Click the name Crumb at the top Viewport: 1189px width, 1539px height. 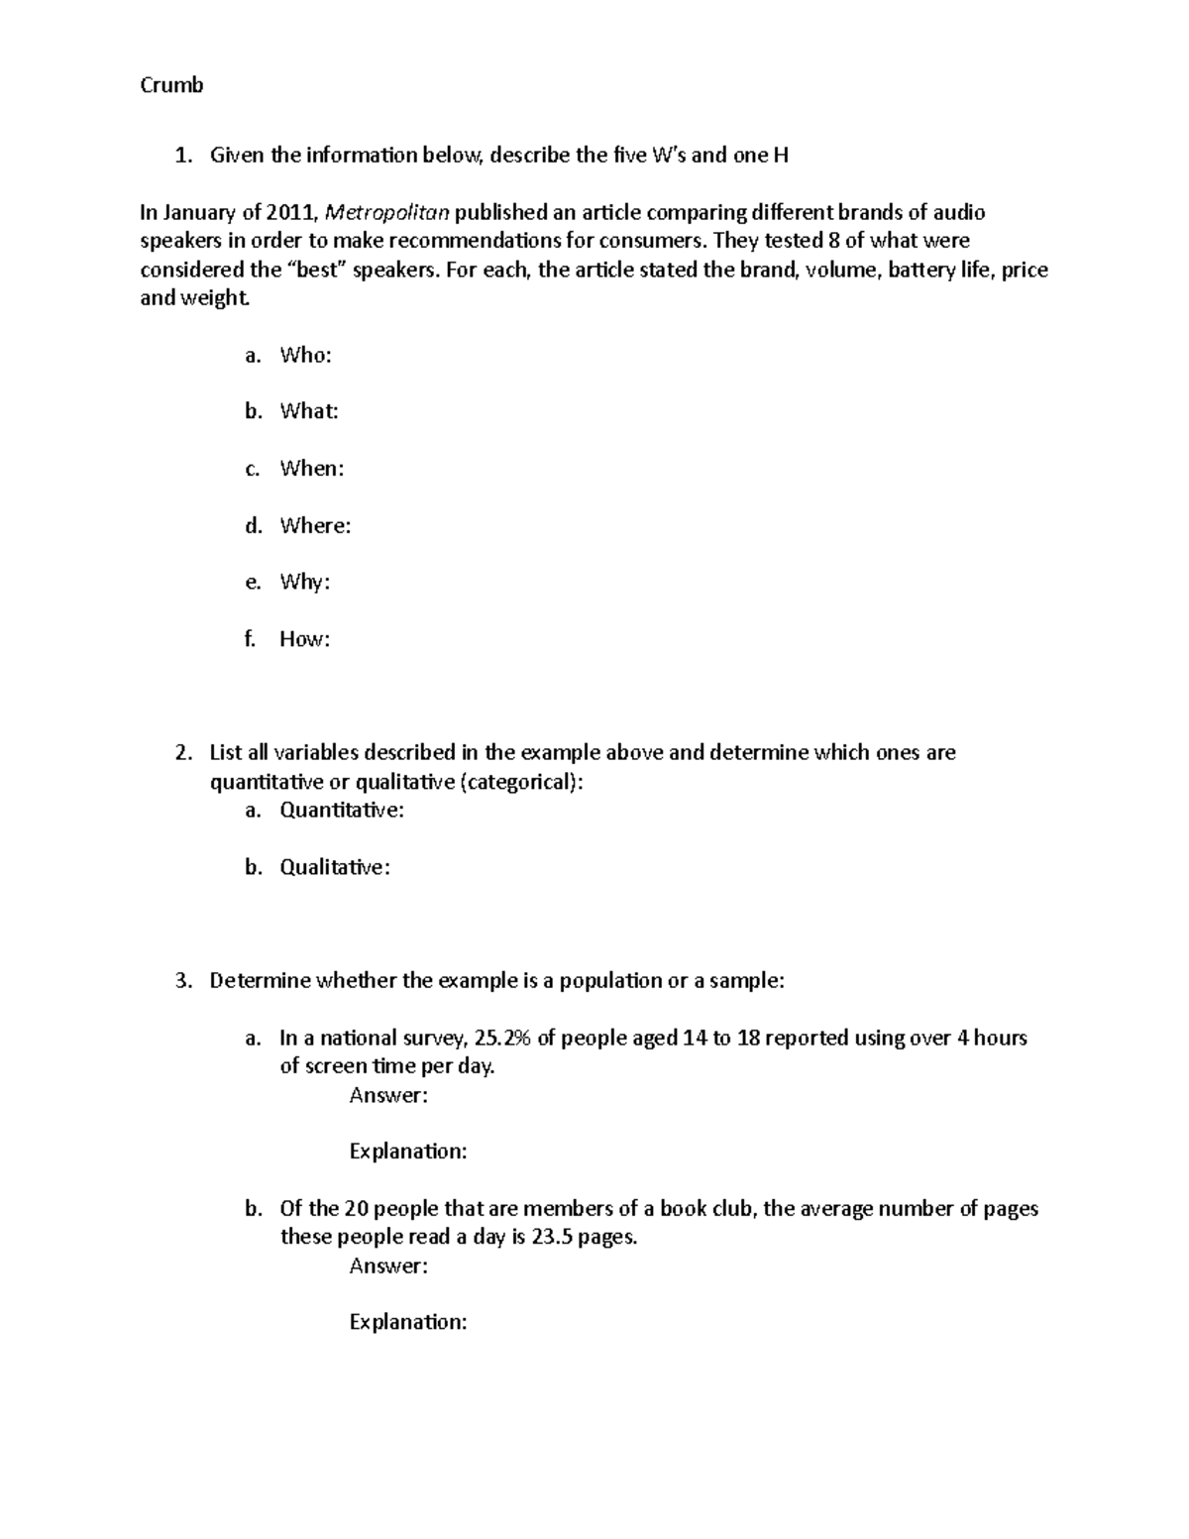171,85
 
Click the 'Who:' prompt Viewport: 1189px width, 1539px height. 305,355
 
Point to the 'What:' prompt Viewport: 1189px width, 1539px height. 309,411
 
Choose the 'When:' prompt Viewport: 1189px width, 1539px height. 312,468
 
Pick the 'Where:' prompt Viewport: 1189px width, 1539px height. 315,525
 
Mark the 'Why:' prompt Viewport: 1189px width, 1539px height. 304,582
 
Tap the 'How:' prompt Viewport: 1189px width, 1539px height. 304,639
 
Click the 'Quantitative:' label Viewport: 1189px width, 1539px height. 342,811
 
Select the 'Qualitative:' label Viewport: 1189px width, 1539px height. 335,867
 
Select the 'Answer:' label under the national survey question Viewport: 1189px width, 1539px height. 388,1095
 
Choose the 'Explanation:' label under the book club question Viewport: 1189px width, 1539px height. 407,1322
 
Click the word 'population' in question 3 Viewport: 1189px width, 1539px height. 610,981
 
